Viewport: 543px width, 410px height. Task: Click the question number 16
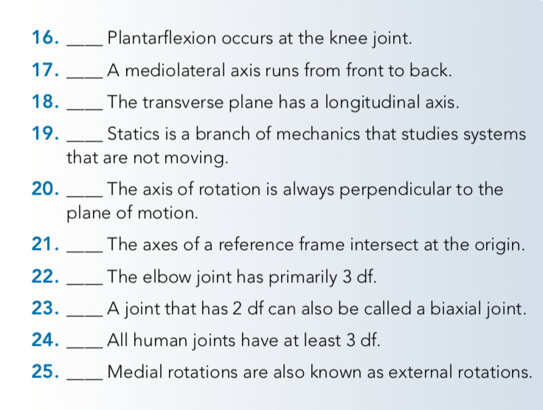tap(46, 38)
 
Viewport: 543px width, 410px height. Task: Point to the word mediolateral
tap(169, 72)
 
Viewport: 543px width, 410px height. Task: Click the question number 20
tap(46, 189)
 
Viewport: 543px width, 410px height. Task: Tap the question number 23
tap(46, 310)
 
